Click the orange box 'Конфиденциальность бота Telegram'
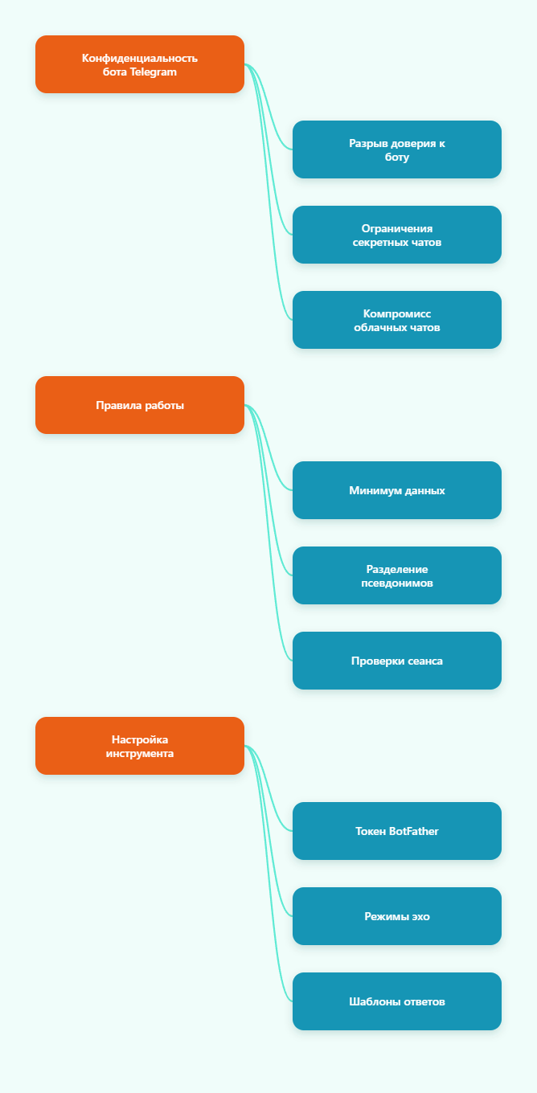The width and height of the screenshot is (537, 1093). pyautogui.click(x=140, y=64)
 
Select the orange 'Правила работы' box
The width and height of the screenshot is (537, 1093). pyautogui.click(x=140, y=405)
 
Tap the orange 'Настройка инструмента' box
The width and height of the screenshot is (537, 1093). pyautogui.click(x=140, y=746)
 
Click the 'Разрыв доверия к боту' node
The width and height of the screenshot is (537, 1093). pyautogui.click(x=397, y=149)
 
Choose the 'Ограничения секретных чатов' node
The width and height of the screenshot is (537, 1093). pyautogui.click(x=397, y=235)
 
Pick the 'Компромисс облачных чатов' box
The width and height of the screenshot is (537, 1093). pyautogui.click(x=397, y=320)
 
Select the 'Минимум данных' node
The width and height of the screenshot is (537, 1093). pyautogui.click(x=397, y=490)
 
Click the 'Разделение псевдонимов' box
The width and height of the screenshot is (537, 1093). pyautogui.click(x=397, y=575)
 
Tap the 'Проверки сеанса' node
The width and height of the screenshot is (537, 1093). pyautogui.click(x=397, y=661)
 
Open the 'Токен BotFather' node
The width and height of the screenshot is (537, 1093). pyautogui.click(x=397, y=831)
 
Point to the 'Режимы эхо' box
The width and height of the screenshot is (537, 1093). pyautogui.click(x=397, y=916)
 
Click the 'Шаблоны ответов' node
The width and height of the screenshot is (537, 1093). pyautogui.click(x=397, y=1001)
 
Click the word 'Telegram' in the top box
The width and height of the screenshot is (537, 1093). pyautogui.click(x=154, y=72)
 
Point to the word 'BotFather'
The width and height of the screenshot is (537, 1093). pyautogui.click(x=414, y=831)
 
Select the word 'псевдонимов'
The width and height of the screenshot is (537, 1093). pyautogui.click(x=397, y=583)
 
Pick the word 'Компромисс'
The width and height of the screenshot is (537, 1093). pyautogui.click(x=397, y=313)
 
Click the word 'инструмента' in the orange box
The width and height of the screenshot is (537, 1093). pyautogui.click(x=140, y=753)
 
